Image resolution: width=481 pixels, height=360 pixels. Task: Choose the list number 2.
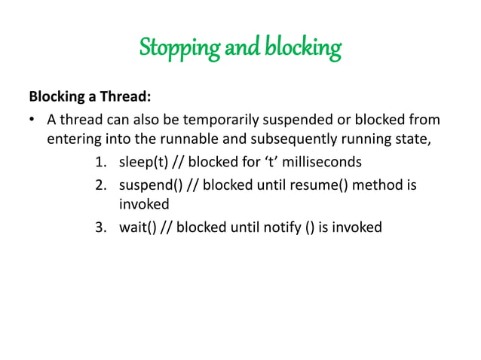click(100, 185)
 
